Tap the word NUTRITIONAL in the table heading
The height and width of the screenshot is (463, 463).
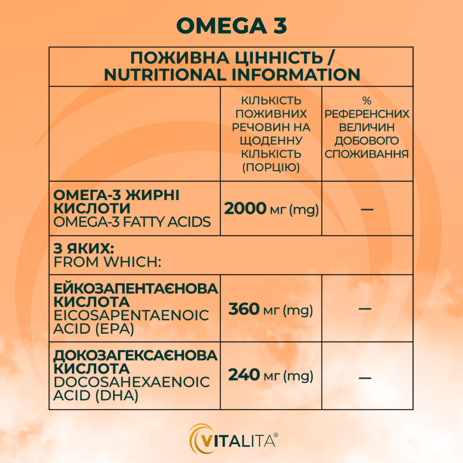coord(165,75)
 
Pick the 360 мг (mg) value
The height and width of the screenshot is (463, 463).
coord(271,310)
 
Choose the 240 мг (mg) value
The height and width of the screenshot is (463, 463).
coord(271,375)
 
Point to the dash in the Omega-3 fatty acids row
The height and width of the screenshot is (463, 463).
coord(367,209)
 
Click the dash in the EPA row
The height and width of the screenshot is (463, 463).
coord(365,309)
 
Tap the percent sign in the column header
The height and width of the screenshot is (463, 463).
coord(367,101)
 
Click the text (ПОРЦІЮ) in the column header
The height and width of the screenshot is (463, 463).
coord(271,167)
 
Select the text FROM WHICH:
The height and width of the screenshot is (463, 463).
coord(107,262)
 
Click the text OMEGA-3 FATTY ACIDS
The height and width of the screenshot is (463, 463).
coord(132,222)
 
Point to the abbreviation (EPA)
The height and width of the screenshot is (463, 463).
coord(115,329)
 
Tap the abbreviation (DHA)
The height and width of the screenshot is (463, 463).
coord(117,395)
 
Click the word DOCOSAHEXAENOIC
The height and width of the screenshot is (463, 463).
coord(132,382)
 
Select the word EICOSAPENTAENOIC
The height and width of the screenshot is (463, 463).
coord(131,315)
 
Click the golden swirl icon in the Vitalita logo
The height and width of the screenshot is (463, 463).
coord(197,439)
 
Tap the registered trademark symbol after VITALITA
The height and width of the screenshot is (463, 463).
coord(276,435)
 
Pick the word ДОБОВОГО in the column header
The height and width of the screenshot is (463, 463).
coord(367,141)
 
